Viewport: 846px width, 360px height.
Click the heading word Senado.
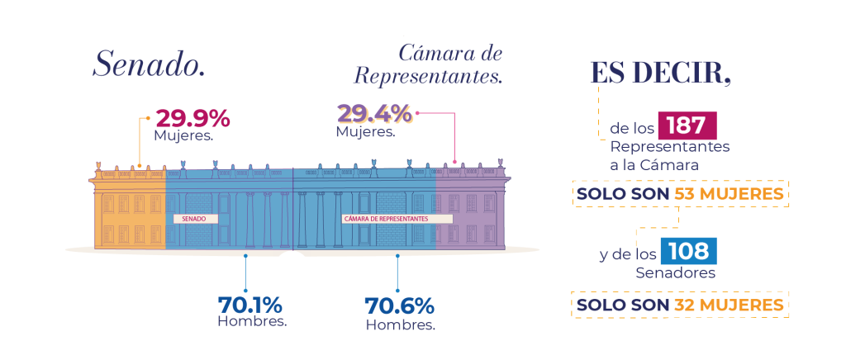[x=149, y=64]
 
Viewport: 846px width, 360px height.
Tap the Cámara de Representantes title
[x=428, y=64]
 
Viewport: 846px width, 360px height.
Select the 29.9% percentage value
[x=193, y=119]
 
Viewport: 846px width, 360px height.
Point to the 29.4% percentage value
[x=374, y=114]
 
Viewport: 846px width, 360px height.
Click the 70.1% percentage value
[x=250, y=305]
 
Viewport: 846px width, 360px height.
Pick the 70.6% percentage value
[x=399, y=306]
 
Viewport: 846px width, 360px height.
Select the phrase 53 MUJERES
[x=729, y=194]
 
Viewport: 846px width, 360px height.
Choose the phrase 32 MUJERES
[x=729, y=305]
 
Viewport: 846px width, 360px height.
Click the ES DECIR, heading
[x=661, y=73]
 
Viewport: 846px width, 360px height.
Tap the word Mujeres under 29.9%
[x=183, y=135]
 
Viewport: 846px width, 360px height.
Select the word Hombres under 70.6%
[x=401, y=325]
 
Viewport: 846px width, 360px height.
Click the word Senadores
[x=676, y=272]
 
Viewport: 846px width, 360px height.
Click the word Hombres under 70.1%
[x=252, y=322]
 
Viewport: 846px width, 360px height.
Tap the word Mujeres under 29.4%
[x=365, y=131]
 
